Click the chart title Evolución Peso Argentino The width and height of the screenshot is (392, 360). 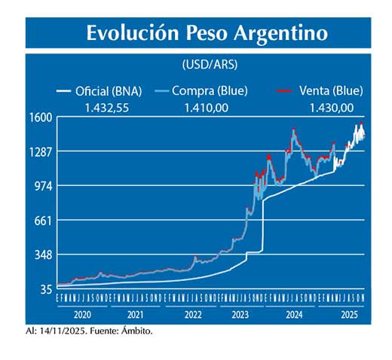pos(207,34)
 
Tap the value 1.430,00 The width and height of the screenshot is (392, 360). pos(332,108)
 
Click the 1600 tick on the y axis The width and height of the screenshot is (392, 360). pos(40,117)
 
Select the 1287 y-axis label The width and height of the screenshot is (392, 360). pos(40,152)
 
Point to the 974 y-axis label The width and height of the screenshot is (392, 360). pos(42,186)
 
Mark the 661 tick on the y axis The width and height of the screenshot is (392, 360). pos(42,221)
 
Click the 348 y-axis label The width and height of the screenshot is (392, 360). pos(42,255)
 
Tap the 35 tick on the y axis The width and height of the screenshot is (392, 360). pos(45,289)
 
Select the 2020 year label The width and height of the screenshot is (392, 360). pos(84,313)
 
